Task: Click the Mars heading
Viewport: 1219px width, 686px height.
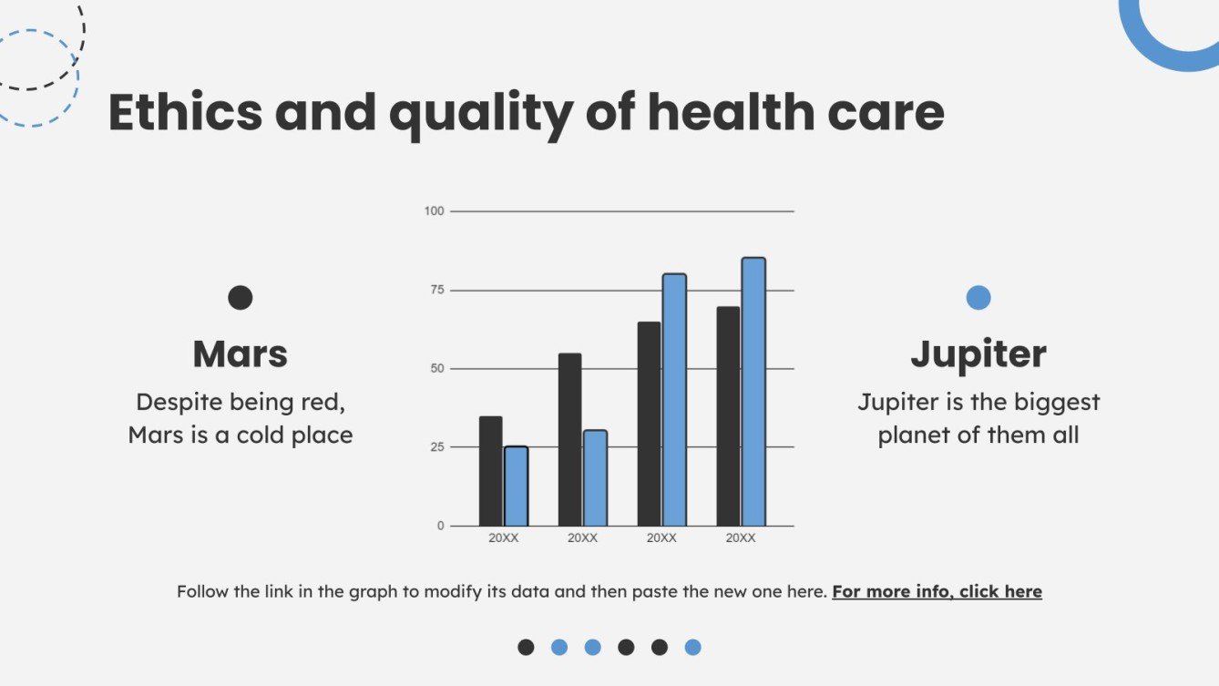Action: click(x=240, y=353)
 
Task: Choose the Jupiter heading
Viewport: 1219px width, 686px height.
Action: click(x=978, y=353)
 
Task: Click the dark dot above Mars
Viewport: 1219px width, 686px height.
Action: click(x=240, y=298)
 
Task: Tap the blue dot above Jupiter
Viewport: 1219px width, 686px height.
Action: click(x=978, y=298)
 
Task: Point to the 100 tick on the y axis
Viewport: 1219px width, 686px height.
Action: click(x=434, y=211)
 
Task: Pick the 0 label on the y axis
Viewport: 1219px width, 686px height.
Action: click(x=440, y=526)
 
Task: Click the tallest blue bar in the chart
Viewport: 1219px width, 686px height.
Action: click(x=753, y=392)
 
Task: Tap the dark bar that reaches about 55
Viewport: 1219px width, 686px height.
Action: click(x=569, y=439)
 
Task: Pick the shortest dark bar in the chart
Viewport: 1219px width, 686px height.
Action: click(x=490, y=471)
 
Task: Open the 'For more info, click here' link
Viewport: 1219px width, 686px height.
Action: click(x=937, y=591)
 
